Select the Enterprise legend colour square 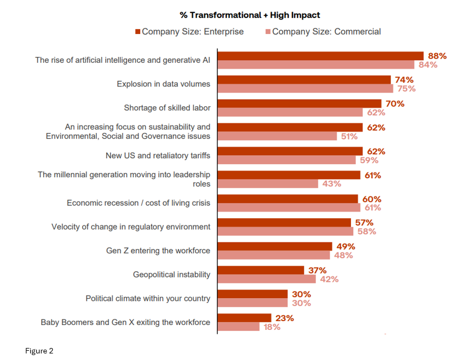(138, 32)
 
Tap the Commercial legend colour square (268, 32)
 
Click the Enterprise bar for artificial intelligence (320, 56)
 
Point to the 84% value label (428, 65)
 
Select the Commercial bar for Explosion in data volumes (305, 89)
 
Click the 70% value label (395, 103)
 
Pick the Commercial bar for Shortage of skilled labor (290, 112)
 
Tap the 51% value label (349, 136)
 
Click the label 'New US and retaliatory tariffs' (158, 156)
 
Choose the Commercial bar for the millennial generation (267, 184)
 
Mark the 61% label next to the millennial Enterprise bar (372, 175)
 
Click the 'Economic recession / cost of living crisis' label (139, 203)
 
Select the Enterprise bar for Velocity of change (284, 223)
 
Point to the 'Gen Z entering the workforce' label (158, 251)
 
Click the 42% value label (329, 279)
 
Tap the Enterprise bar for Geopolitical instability (260, 270)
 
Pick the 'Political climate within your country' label (148, 298)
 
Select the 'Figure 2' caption (39, 351)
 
